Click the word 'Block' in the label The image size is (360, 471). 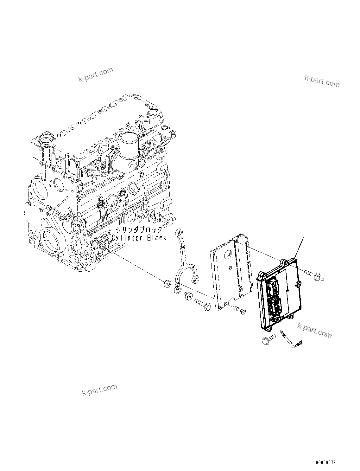tap(156, 238)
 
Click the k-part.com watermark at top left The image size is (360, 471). tap(96, 74)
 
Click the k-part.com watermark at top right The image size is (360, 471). tap(322, 81)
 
